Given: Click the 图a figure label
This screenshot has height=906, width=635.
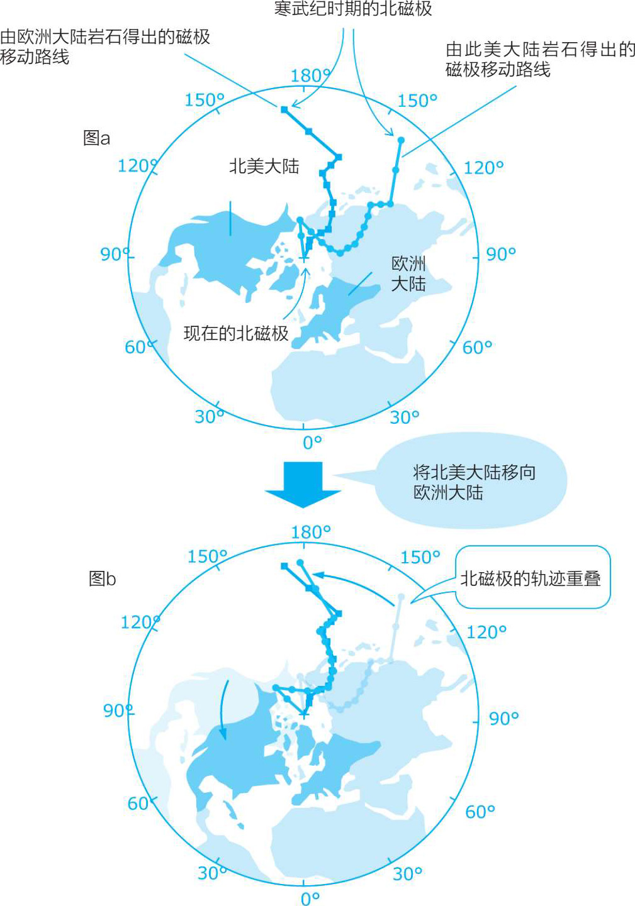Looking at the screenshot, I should tap(96, 138).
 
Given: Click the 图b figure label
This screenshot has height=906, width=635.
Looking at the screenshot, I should tap(102, 578).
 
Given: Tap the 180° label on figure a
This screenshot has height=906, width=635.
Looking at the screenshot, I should tap(310, 76).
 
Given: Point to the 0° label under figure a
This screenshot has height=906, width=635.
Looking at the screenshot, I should tap(312, 442).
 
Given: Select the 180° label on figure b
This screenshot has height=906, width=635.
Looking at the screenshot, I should tap(310, 532).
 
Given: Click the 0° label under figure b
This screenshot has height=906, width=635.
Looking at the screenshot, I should tap(310, 898).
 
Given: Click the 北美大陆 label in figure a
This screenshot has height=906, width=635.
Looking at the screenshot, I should tap(264, 167).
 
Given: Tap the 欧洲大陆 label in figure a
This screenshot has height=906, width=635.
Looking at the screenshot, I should tap(408, 273).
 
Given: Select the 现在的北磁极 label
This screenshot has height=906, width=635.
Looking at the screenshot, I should tap(236, 333).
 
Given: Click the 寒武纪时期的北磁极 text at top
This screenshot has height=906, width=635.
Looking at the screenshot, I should tap(353, 9).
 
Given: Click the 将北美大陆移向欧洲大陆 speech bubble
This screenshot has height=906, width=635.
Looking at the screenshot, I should tap(473, 482).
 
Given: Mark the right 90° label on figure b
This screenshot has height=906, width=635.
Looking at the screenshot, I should tap(503, 718).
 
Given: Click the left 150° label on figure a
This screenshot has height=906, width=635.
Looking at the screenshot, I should tap(204, 100).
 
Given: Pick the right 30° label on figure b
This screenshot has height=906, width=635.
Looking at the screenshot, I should tap(407, 873).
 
